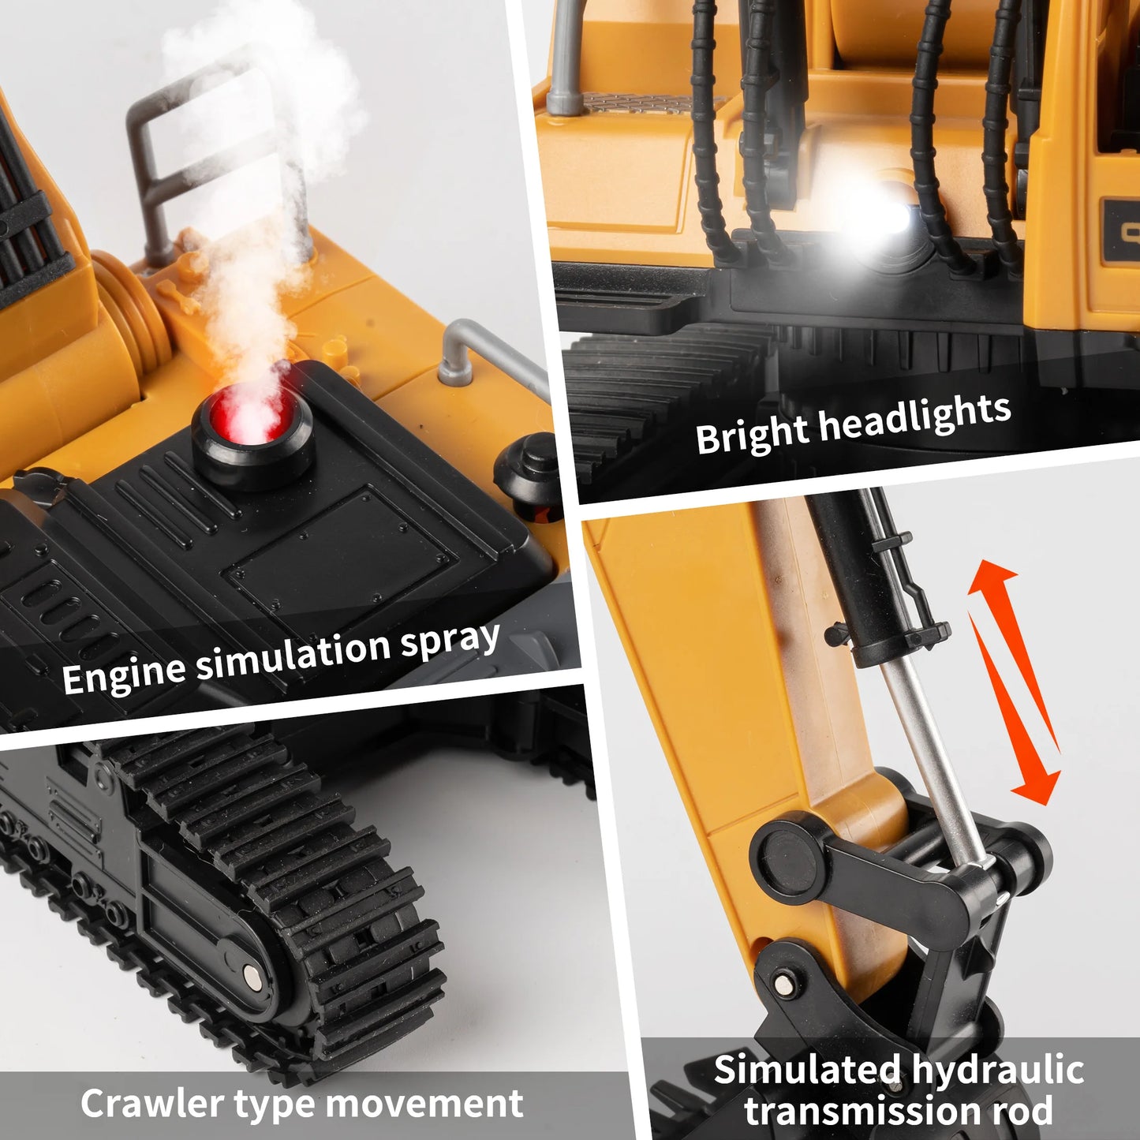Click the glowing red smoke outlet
[252, 414]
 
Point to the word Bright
[751, 436]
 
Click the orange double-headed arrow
[1014, 682]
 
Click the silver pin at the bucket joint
[784, 983]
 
